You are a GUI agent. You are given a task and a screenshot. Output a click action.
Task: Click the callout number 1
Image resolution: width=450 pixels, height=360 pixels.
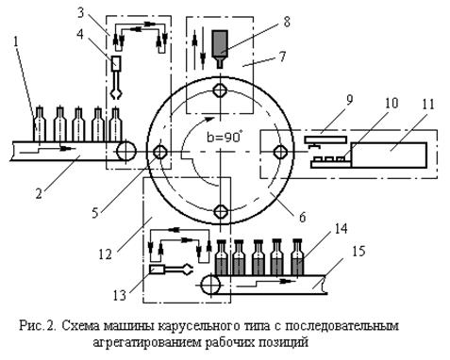(x=17, y=42)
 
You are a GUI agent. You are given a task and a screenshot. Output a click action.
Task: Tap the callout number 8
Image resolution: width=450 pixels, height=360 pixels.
(x=286, y=22)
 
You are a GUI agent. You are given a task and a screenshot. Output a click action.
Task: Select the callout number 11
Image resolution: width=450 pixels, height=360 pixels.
(x=427, y=105)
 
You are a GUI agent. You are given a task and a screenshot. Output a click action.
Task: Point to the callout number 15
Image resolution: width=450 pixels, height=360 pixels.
(x=359, y=252)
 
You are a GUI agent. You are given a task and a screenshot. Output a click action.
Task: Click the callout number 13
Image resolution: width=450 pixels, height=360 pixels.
(x=120, y=295)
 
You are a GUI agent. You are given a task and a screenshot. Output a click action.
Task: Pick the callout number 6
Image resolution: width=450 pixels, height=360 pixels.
(x=302, y=217)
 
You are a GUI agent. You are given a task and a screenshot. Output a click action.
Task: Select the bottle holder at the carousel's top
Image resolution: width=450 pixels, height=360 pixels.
(x=220, y=90)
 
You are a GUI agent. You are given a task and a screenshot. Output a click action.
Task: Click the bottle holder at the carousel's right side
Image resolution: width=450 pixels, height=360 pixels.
(x=280, y=153)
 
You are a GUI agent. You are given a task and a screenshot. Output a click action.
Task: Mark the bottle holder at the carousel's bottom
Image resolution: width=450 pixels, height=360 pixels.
(x=220, y=211)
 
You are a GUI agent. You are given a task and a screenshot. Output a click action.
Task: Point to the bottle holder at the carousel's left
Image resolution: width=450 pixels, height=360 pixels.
(x=160, y=153)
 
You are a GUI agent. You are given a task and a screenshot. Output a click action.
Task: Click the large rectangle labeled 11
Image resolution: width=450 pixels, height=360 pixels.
(x=389, y=155)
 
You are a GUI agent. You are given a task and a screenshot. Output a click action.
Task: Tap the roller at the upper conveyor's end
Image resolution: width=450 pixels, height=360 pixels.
(x=126, y=151)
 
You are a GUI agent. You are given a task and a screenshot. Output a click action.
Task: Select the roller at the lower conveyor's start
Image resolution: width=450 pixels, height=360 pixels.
(x=210, y=285)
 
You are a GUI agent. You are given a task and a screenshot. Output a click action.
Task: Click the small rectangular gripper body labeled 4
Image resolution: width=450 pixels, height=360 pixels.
(x=117, y=64)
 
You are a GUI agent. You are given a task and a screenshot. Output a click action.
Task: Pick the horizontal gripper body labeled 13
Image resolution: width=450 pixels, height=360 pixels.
(x=157, y=270)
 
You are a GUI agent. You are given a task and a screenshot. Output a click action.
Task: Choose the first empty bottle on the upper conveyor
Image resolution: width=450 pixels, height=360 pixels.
(x=40, y=123)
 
